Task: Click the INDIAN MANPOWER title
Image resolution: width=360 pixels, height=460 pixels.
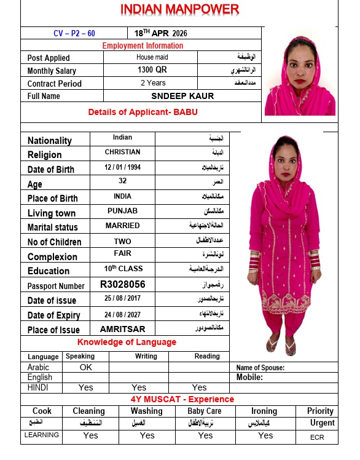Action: (x=179, y=9)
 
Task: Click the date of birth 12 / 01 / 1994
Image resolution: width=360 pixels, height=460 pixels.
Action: (x=122, y=167)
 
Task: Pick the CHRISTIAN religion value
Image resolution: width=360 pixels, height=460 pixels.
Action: (x=122, y=152)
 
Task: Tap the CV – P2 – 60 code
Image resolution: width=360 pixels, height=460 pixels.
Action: (x=74, y=33)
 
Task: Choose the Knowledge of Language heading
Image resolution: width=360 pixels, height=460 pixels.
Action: (x=127, y=342)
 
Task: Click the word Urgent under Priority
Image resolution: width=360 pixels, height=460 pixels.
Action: (x=322, y=422)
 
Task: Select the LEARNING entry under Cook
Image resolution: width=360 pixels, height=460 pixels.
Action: (x=42, y=435)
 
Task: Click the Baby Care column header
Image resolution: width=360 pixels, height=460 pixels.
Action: (x=205, y=411)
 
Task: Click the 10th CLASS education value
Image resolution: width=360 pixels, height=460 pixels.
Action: (x=122, y=269)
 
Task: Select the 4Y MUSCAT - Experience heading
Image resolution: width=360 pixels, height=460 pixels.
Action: (x=182, y=399)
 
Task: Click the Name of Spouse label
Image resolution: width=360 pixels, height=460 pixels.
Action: (x=260, y=368)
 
